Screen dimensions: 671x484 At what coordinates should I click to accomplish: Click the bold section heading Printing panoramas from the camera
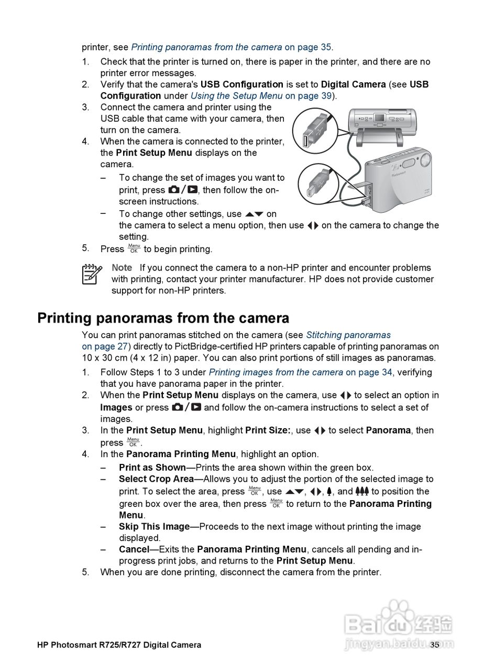click(x=163, y=318)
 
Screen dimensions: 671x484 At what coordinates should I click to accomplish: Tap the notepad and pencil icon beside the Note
click(x=92, y=274)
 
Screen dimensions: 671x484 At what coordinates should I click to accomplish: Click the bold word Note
click(x=122, y=267)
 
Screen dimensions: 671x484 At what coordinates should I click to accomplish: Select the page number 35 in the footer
click(x=434, y=645)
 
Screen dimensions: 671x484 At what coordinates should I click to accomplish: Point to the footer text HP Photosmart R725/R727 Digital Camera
click(x=119, y=645)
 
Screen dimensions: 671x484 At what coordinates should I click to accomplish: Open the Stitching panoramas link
click(x=348, y=335)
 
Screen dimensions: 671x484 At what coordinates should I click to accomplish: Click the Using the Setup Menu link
click(x=236, y=96)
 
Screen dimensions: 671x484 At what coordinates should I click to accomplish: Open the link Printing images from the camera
click(x=276, y=372)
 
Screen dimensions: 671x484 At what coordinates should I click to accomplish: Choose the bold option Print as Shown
click(x=152, y=468)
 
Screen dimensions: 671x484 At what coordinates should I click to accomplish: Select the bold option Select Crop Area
click(x=156, y=479)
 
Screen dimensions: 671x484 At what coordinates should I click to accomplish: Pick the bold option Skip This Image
click(x=154, y=527)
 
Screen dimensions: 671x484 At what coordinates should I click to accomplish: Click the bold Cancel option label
click(x=134, y=549)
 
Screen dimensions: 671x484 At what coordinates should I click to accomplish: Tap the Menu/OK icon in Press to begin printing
click(x=134, y=248)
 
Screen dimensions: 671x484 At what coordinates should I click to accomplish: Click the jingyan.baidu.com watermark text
click(x=399, y=644)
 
